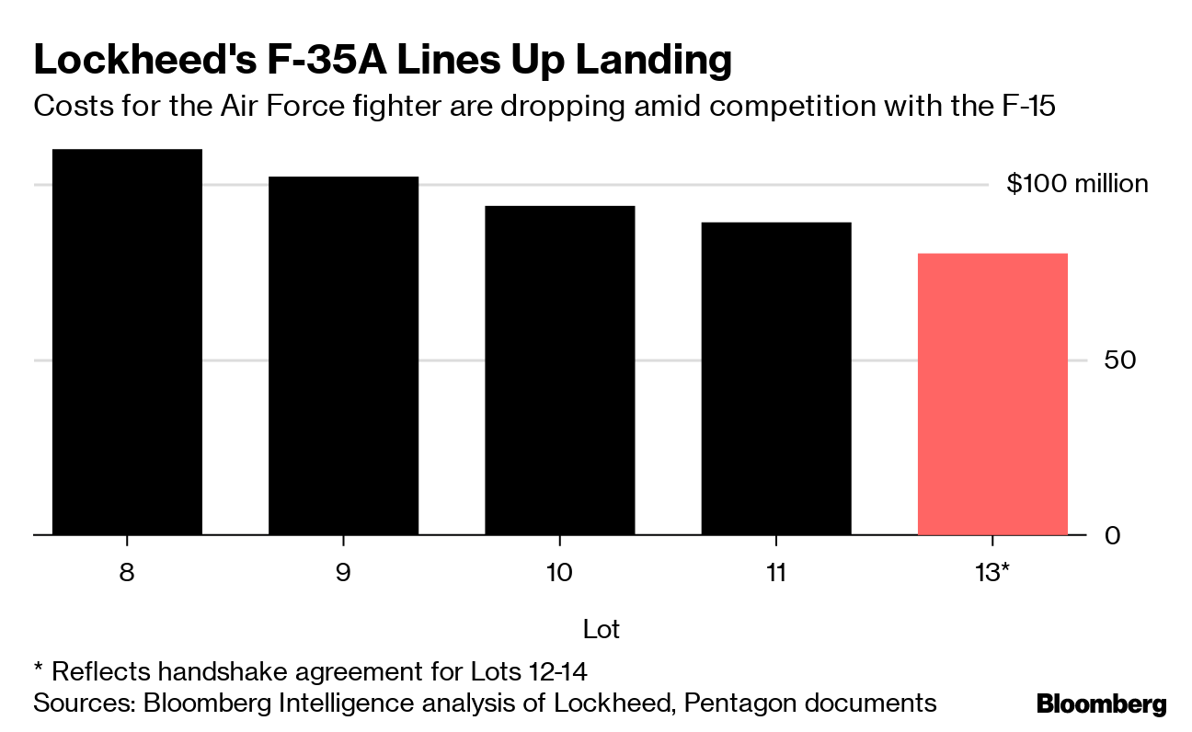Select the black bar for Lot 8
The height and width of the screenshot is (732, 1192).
127,341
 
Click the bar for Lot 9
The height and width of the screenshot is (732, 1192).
343,355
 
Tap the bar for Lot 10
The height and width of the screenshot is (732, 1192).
559,370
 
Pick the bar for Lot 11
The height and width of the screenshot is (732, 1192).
775,378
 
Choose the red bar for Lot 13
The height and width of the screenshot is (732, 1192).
992,394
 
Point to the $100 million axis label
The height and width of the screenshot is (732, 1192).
1077,184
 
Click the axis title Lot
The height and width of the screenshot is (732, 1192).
602,630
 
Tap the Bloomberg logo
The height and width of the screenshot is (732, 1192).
1101,705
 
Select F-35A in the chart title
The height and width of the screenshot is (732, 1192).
310,60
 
